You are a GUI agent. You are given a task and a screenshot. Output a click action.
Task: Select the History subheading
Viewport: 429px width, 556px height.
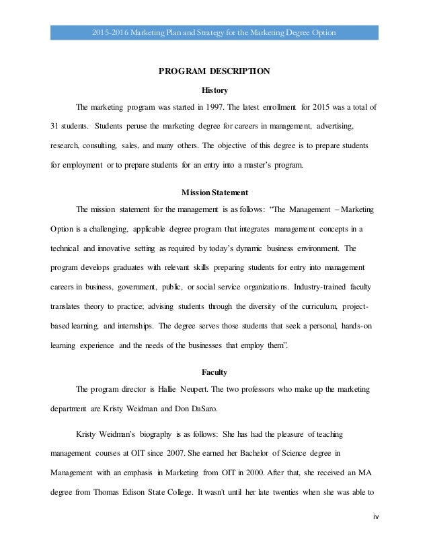214,90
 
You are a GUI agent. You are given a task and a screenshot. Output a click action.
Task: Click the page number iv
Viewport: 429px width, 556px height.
375,536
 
